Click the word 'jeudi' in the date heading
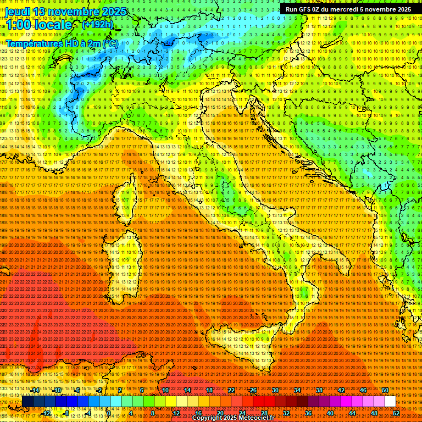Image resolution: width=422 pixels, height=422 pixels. tap(17, 12)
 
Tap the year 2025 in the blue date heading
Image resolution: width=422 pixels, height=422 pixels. tap(113, 12)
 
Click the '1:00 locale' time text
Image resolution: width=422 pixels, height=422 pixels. tap(38, 25)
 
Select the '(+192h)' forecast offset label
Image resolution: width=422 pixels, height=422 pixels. tap(98, 24)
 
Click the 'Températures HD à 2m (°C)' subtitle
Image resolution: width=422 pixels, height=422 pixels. tap(62, 43)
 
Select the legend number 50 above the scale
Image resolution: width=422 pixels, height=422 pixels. tap(385, 390)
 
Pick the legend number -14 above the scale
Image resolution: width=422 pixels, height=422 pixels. tap(35, 390)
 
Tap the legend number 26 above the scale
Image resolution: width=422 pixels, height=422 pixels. tap(253, 390)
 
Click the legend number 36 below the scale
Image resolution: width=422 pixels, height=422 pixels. tap(308, 413)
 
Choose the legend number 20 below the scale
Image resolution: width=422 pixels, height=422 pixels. tap(220, 413)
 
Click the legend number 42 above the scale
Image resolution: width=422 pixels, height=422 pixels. tap(341, 390)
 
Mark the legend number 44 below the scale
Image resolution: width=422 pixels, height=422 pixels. tap(352, 413)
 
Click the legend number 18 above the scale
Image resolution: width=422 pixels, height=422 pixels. tap(209, 390)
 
